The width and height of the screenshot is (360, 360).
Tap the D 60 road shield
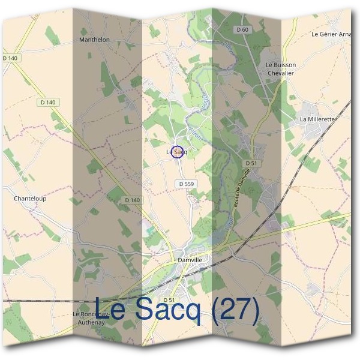pyautogui.click(x=242, y=29)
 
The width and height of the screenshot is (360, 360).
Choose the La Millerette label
pyautogui.click(x=317, y=119)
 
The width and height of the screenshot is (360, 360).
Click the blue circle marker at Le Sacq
pyautogui.click(x=177, y=152)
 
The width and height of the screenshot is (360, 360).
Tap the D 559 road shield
pyautogui.click(x=186, y=184)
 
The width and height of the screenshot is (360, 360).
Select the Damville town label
pyautogui.click(x=191, y=260)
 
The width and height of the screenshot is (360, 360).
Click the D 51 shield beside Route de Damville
pyautogui.click(x=251, y=163)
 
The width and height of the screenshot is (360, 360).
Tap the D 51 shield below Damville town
pyautogui.click(x=169, y=299)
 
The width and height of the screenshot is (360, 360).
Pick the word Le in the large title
pyautogui.click(x=110, y=311)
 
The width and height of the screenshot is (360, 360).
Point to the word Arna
pyautogui.click(x=345, y=34)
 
